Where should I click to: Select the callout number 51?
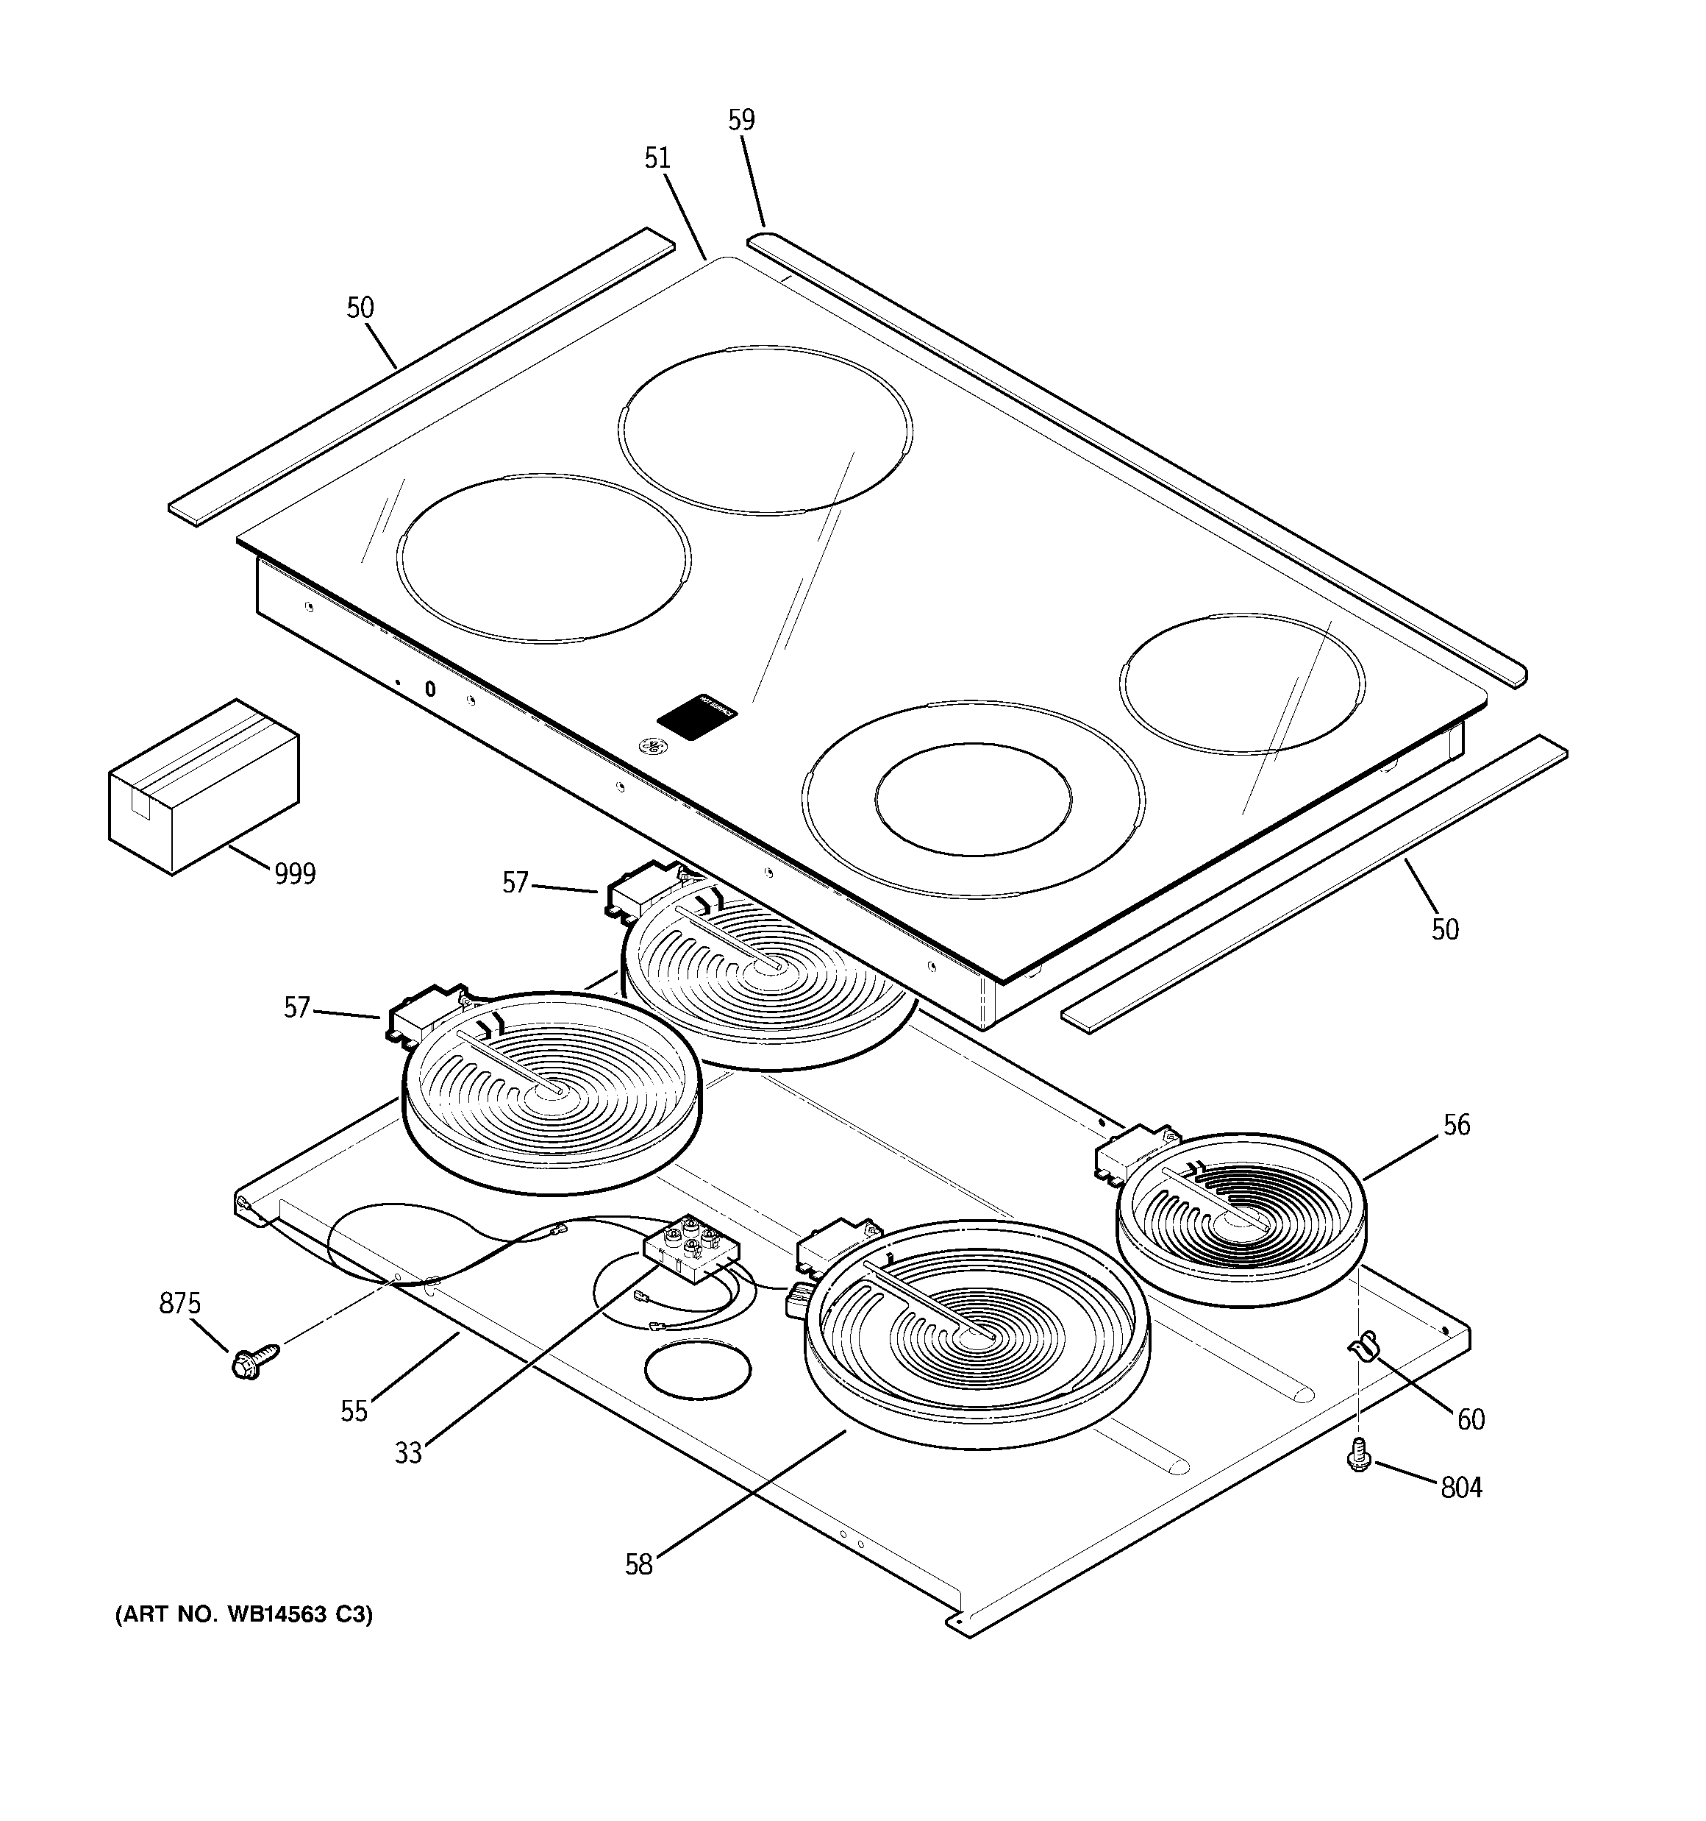[657, 158]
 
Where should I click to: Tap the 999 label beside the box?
[295, 875]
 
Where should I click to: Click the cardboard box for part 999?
[203, 786]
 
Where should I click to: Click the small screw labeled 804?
[1359, 1454]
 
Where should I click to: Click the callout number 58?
[638, 1564]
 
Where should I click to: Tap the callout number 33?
[408, 1453]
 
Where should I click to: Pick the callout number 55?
[354, 1411]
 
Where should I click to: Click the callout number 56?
[1456, 1125]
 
